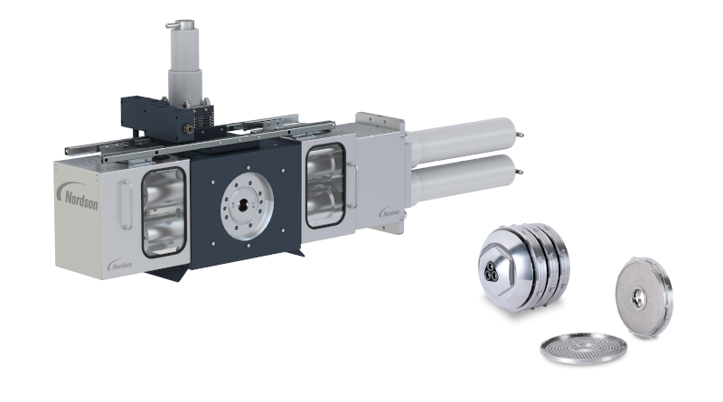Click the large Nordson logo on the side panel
pos(78,196)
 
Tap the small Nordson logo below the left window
pos(120,264)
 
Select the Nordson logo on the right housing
pos(390,212)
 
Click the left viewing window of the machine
pos(164,212)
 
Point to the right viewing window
pos(325,185)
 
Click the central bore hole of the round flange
pos(242,205)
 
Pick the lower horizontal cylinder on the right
pos(463,178)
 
